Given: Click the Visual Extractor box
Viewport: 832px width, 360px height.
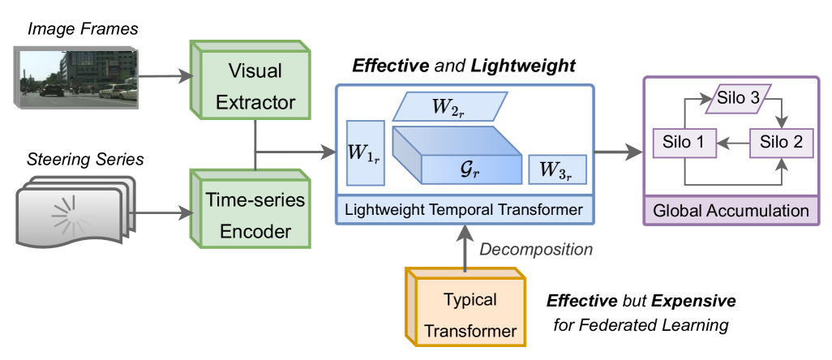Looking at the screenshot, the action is [x=251, y=81].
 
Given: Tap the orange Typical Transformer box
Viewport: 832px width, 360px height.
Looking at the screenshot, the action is [x=466, y=307].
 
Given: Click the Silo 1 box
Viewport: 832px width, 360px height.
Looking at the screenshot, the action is [x=684, y=143].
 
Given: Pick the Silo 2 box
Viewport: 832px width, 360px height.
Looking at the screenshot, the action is [x=781, y=143].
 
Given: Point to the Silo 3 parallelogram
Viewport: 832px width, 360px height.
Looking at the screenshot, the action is [x=738, y=99].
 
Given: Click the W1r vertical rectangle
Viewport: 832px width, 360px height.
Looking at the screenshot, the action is [x=365, y=153].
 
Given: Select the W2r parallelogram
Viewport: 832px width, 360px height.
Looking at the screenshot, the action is [x=450, y=106].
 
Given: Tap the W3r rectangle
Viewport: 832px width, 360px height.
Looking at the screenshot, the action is [x=557, y=169].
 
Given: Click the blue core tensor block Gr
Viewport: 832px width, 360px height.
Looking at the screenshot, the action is [x=457, y=156].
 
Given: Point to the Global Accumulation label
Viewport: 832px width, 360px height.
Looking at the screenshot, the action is [x=731, y=211].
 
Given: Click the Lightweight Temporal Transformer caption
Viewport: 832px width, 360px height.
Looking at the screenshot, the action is [x=464, y=209].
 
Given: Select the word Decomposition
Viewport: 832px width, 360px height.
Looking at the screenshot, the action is [x=536, y=249].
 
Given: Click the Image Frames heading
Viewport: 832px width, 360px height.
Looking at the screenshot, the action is [x=83, y=28].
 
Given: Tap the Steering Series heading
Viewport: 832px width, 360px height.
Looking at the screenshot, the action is [x=85, y=159].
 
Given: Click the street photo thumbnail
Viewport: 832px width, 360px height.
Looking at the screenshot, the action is [x=77, y=78].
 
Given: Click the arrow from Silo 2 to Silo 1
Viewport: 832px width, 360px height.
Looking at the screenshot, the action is [x=733, y=143].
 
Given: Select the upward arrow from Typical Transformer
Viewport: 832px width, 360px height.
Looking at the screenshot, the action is [x=465, y=247].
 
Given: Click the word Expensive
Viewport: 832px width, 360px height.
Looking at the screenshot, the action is [x=693, y=301].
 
